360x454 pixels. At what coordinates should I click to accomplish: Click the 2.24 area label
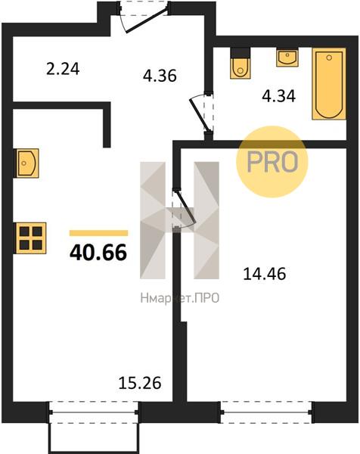[x=63, y=70]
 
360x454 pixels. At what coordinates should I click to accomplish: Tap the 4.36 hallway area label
[x=160, y=76]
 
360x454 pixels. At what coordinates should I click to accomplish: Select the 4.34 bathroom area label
[x=278, y=96]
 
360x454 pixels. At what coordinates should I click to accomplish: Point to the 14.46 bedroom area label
[x=265, y=274]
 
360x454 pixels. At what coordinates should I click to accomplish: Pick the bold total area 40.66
[x=98, y=252]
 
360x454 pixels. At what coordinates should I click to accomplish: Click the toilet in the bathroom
[x=241, y=64]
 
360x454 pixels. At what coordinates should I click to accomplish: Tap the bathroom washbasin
[x=287, y=58]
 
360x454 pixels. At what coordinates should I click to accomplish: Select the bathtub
[x=329, y=84]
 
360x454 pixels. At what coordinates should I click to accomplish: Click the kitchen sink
[x=26, y=163]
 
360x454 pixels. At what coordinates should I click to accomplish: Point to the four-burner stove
[x=30, y=238]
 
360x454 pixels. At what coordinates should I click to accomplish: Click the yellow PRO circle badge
[x=272, y=162]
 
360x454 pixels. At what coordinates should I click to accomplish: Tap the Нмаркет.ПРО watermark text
[x=180, y=298]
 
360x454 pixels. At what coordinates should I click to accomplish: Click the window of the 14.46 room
[x=266, y=412]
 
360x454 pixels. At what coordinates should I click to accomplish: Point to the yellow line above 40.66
[x=98, y=233]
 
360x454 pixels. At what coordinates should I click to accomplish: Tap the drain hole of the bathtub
[x=329, y=58]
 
